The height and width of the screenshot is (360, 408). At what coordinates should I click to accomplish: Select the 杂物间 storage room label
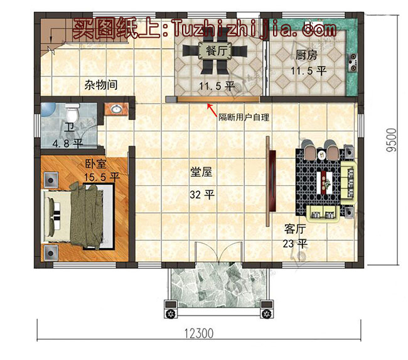click(101, 84)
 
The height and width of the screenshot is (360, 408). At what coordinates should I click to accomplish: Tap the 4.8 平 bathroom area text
click(67, 143)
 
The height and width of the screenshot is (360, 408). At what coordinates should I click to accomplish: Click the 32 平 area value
click(201, 195)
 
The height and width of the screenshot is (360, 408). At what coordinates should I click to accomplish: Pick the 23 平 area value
click(294, 243)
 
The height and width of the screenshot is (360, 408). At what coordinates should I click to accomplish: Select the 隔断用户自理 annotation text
click(244, 117)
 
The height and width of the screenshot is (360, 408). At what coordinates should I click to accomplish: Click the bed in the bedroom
click(78, 216)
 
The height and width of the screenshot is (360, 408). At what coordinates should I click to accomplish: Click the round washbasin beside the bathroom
click(115, 110)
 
